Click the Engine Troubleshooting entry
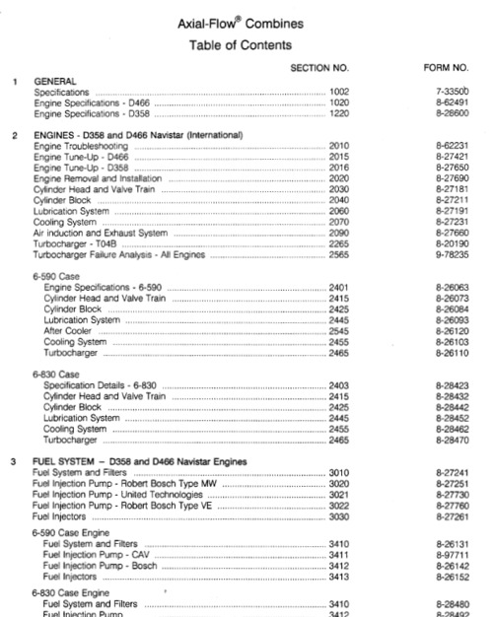80,145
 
